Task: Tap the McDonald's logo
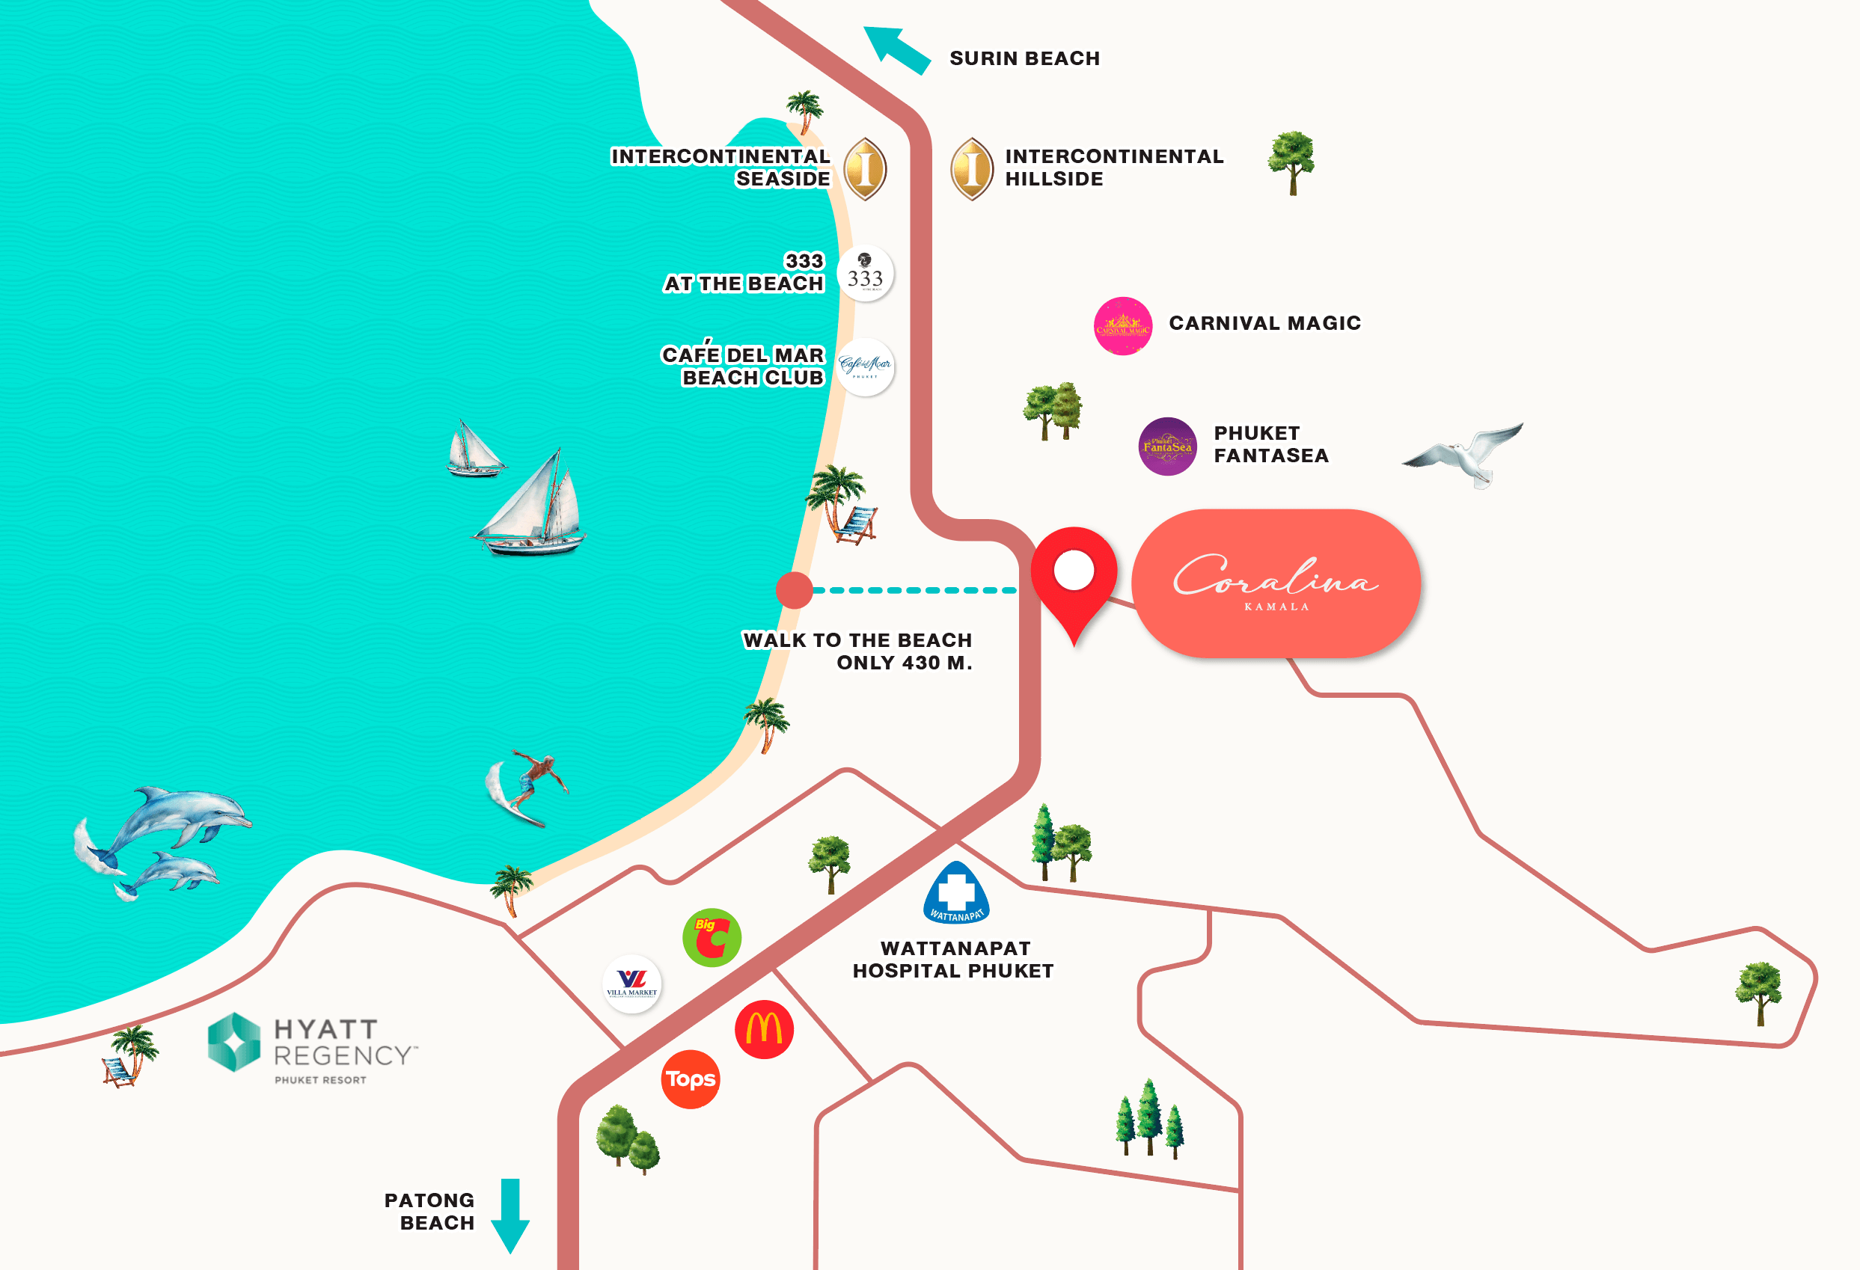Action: tap(764, 1029)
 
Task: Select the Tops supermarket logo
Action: tap(691, 1079)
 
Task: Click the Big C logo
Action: tap(712, 937)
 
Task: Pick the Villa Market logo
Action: tap(631, 984)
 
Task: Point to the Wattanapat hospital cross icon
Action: tap(956, 892)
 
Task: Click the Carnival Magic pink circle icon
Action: tap(1123, 325)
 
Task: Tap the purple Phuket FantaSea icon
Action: tap(1168, 447)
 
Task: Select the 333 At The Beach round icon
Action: tap(865, 274)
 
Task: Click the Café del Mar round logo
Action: tap(865, 367)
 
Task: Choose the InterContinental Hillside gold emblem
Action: tap(972, 168)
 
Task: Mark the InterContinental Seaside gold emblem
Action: tap(865, 168)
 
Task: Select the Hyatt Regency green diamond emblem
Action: tap(233, 1041)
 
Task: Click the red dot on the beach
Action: tap(794, 591)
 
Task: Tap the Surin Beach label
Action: tap(1024, 58)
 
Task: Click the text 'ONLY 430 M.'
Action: tap(904, 663)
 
